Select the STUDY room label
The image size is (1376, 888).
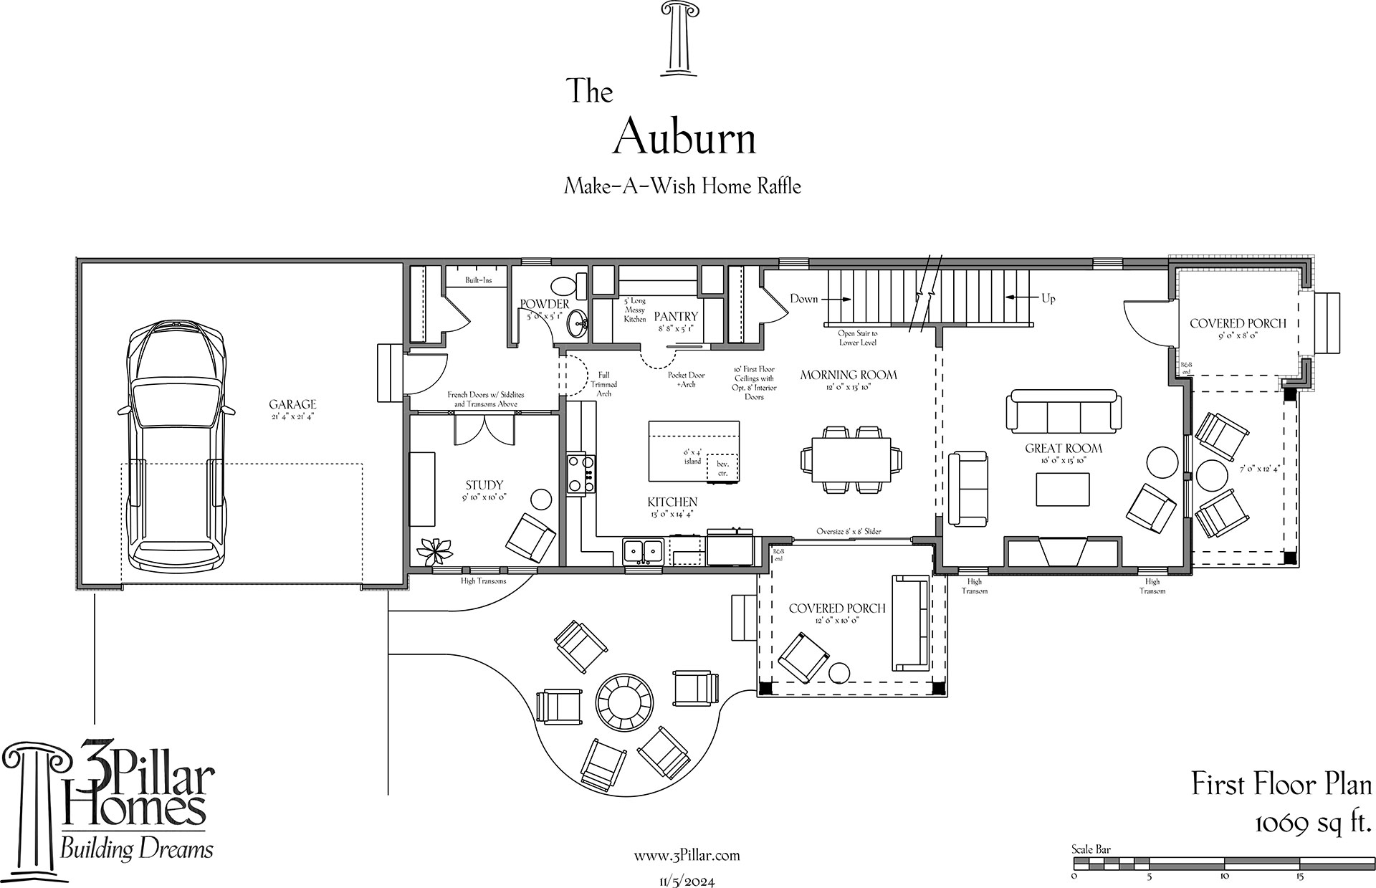484,485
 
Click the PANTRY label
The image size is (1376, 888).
676,316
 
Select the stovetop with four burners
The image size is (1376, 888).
581,474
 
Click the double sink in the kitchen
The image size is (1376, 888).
643,551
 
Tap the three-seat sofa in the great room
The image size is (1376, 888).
1064,411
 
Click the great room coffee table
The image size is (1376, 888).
1063,490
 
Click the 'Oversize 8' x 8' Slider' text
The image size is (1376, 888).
848,532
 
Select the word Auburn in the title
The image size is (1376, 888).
684,137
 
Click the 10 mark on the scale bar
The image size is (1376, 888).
1224,876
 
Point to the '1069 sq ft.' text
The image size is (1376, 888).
1313,824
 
